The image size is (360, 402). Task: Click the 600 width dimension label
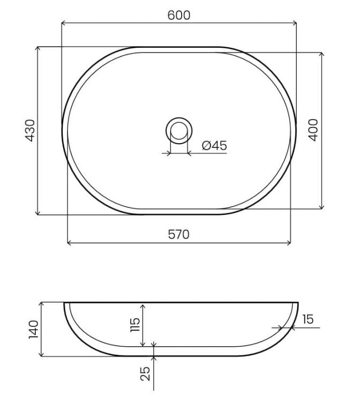click(179, 15)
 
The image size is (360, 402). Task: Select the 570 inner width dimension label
click(179, 234)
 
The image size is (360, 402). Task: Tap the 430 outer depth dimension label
click(30, 130)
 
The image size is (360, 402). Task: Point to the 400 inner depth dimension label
click(313, 130)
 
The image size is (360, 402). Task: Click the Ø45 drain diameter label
click(214, 146)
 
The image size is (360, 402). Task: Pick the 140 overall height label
click(34, 330)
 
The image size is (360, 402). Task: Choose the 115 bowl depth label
click(135, 325)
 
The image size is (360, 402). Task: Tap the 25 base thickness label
click(145, 374)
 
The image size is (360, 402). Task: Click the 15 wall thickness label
click(307, 319)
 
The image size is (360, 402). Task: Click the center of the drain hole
click(179, 130)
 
